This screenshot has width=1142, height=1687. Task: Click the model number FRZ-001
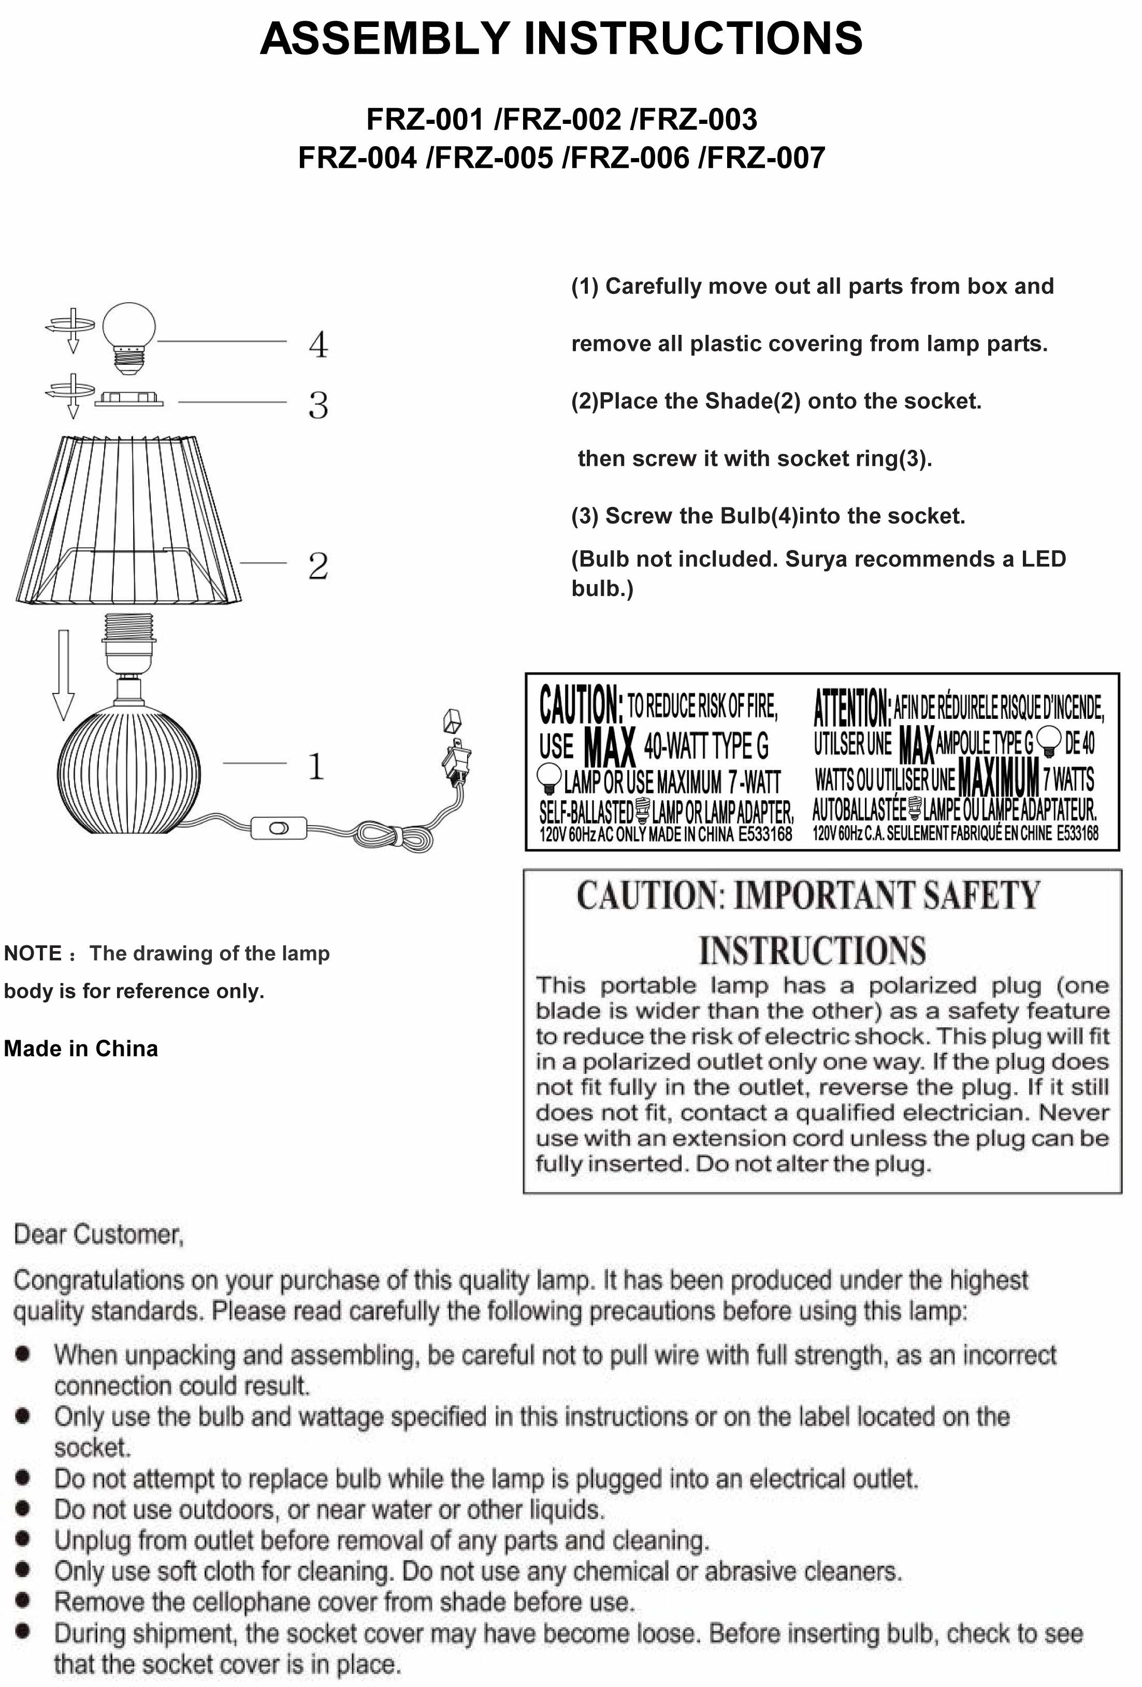(x=425, y=120)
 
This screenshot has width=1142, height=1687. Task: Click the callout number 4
(x=318, y=345)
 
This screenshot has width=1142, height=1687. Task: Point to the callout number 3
(x=318, y=405)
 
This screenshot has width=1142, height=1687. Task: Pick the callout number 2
(x=318, y=566)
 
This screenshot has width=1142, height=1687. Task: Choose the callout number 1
(x=315, y=766)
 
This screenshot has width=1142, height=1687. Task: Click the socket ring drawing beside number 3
(x=128, y=399)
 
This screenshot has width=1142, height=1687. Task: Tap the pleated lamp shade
(x=129, y=519)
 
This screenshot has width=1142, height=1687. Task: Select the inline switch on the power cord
(x=279, y=828)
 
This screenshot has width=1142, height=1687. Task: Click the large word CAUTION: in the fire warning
(x=581, y=705)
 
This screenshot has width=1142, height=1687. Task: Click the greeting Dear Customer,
(x=99, y=1234)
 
